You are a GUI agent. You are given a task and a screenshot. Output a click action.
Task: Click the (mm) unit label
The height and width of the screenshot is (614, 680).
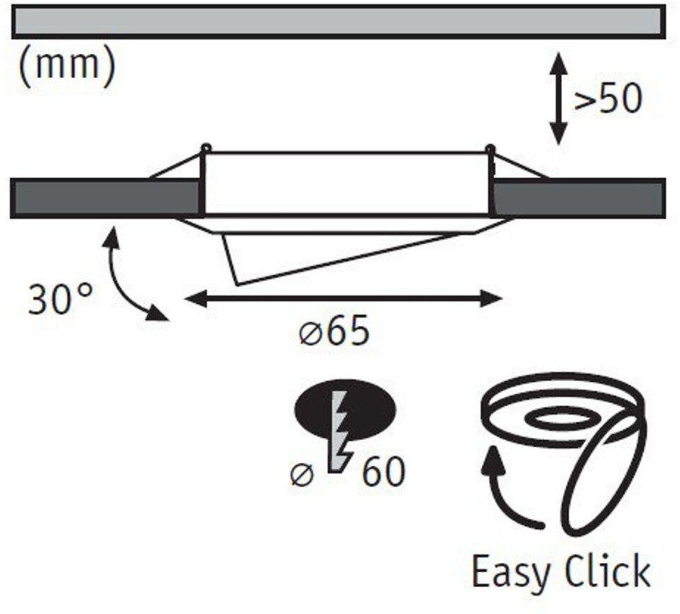point(66,67)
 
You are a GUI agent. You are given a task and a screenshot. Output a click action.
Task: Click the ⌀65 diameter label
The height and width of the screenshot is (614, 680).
point(334,332)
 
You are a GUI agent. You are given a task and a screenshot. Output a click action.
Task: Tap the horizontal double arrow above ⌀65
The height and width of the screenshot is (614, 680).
point(344,299)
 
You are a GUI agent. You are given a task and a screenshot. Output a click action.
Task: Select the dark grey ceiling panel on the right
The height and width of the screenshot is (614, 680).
point(578,198)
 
